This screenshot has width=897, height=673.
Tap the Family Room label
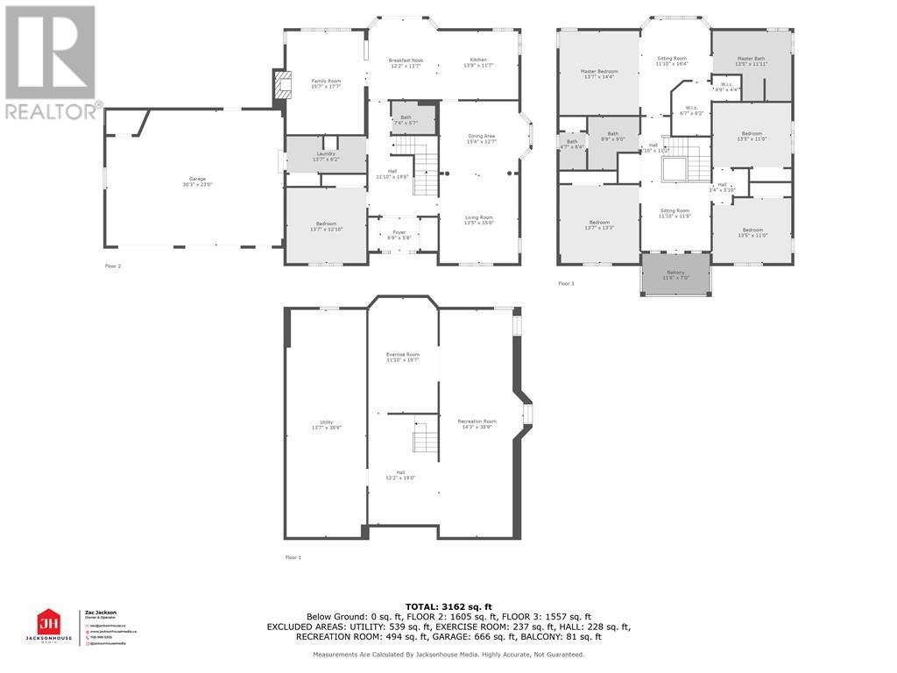[326, 83]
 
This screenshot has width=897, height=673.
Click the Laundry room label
[325, 156]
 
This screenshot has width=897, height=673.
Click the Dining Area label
[482, 138]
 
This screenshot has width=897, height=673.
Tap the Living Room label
[478, 220]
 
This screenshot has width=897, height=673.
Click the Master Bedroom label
[600, 74]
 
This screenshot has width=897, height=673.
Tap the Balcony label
[675, 275]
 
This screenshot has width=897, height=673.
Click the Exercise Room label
[403, 357]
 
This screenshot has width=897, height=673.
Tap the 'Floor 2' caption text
[112, 266]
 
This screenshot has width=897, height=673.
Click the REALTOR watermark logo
[51, 61]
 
